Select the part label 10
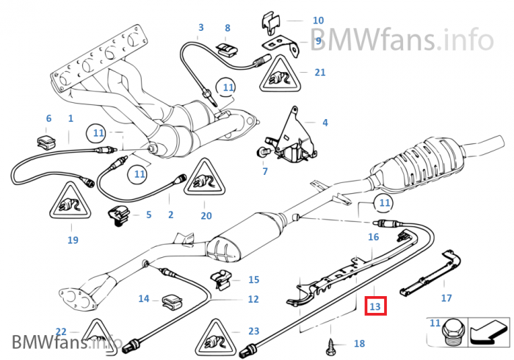point(318,21)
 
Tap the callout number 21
point(319,72)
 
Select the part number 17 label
point(446,298)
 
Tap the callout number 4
point(325,123)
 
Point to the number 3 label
point(200,28)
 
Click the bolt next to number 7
point(261,152)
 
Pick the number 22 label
point(61,331)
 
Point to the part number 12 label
point(253,299)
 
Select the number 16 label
point(373,237)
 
